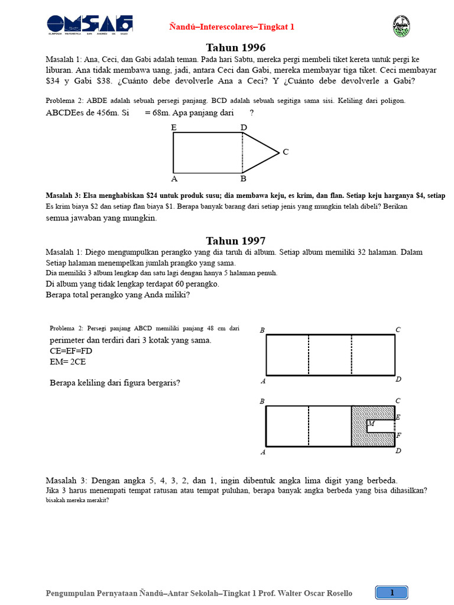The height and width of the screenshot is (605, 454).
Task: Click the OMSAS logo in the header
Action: [90, 25]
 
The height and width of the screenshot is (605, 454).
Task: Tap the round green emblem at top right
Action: [401, 26]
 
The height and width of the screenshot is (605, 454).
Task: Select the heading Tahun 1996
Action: [235, 47]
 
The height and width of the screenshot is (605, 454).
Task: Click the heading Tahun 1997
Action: [235, 240]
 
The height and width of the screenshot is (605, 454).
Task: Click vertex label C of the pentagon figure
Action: [286, 152]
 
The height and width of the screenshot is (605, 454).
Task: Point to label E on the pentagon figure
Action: [174, 127]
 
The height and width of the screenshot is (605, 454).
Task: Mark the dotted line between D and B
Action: [243, 152]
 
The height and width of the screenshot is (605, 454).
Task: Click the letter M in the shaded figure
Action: [371, 423]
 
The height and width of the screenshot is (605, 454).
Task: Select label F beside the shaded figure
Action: [398, 436]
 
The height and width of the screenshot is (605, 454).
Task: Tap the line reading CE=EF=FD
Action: [72, 351]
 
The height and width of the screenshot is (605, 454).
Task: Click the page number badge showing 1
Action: [391, 592]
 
